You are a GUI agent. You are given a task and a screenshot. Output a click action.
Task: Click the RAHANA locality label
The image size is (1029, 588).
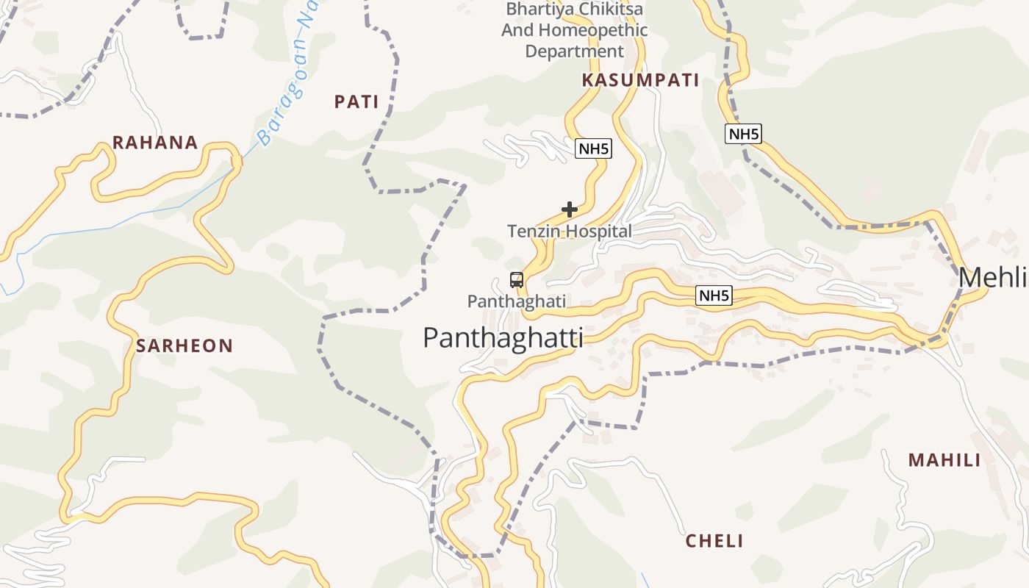pyautogui.click(x=155, y=143)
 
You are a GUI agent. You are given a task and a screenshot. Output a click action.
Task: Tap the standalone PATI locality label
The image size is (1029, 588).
pyautogui.click(x=356, y=102)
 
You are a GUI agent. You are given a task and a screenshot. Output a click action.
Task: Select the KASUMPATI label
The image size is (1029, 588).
pyautogui.click(x=640, y=81)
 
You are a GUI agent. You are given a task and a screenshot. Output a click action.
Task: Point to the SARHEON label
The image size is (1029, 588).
pyautogui.click(x=184, y=346)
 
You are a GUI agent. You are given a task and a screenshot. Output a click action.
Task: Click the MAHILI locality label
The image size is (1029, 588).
pyautogui.click(x=944, y=461)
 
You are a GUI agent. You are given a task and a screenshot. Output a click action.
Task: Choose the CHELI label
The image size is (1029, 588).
pyautogui.click(x=714, y=542)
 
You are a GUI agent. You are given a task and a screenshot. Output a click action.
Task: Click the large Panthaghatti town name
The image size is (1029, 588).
pyautogui.click(x=503, y=338)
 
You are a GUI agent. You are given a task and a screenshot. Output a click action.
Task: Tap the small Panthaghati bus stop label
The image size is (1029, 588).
pyautogui.click(x=517, y=301)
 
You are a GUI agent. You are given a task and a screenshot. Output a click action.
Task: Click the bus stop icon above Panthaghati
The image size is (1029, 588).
pyautogui.click(x=517, y=280)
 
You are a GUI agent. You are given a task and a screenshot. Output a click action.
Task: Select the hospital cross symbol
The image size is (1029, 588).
pyautogui.click(x=569, y=209)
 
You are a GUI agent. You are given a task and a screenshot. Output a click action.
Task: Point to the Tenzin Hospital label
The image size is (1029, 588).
pyautogui.click(x=570, y=232)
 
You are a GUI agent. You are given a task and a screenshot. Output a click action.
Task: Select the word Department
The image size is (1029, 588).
pyautogui.click(x=574, y=51)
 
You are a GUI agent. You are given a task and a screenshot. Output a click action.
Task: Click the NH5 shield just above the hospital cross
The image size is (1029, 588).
pyautogui.click(x=593, y=149)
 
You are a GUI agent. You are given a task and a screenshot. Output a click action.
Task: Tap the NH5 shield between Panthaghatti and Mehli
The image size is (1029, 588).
pyautogui.click(x=714, y=296)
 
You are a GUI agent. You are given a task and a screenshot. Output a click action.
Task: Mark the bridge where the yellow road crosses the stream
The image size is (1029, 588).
pyautogui.click(x=236, y=161)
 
